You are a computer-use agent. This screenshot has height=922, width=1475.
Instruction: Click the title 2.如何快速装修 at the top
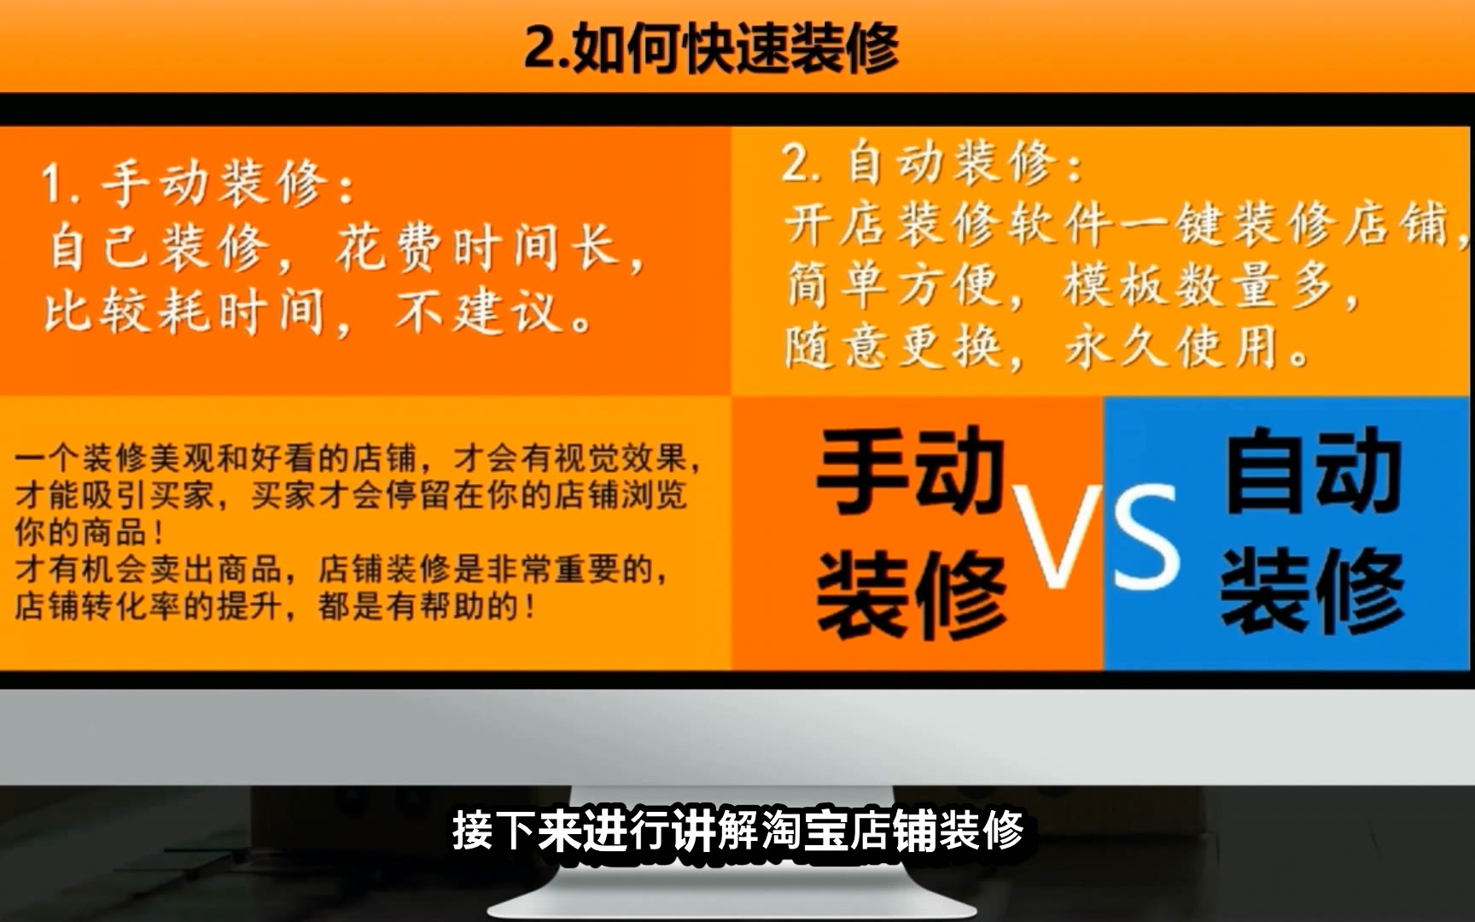[711, 48]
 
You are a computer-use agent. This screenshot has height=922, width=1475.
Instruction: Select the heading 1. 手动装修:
[198, 184]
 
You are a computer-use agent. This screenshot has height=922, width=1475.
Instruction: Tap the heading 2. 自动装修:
[932, 162]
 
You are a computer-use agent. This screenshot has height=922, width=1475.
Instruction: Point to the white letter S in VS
[1146, 537]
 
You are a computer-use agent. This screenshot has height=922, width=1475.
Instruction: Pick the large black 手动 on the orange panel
[910, 470]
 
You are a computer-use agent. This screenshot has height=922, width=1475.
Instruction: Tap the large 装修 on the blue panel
[1313, 591]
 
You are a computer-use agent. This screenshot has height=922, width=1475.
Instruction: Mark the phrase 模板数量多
[1198, 285]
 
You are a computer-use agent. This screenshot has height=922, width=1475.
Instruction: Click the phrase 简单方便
[892, 285]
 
